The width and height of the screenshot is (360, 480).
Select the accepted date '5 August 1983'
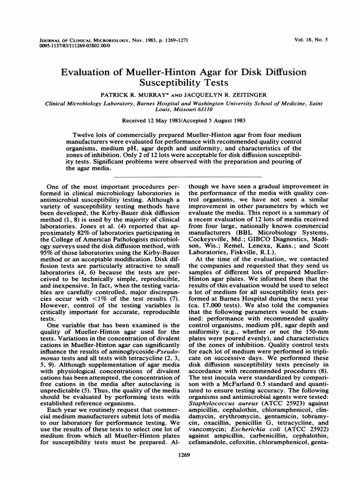[x=219, y=120]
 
